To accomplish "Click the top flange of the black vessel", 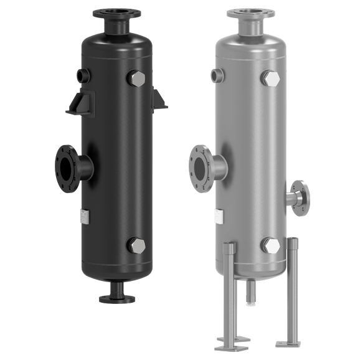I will (x=116, y=14).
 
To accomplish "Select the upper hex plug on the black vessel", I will (x=136, y=78).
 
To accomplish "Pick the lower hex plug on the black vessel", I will (x=136, y=245).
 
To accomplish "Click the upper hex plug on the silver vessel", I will (x=270, y=78).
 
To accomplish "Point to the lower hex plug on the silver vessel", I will (x=270, y=245).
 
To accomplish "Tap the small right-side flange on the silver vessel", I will (x=301, y=198).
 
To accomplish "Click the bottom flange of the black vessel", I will (x=116, y=298).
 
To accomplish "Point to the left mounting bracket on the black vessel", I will (x=80, y=103).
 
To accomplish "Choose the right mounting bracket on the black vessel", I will (x=159, y=100).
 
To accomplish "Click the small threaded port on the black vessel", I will (x=83, y=75).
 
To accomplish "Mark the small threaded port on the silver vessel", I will (x=217, y=75).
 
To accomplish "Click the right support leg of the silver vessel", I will (x=291, y=287).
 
